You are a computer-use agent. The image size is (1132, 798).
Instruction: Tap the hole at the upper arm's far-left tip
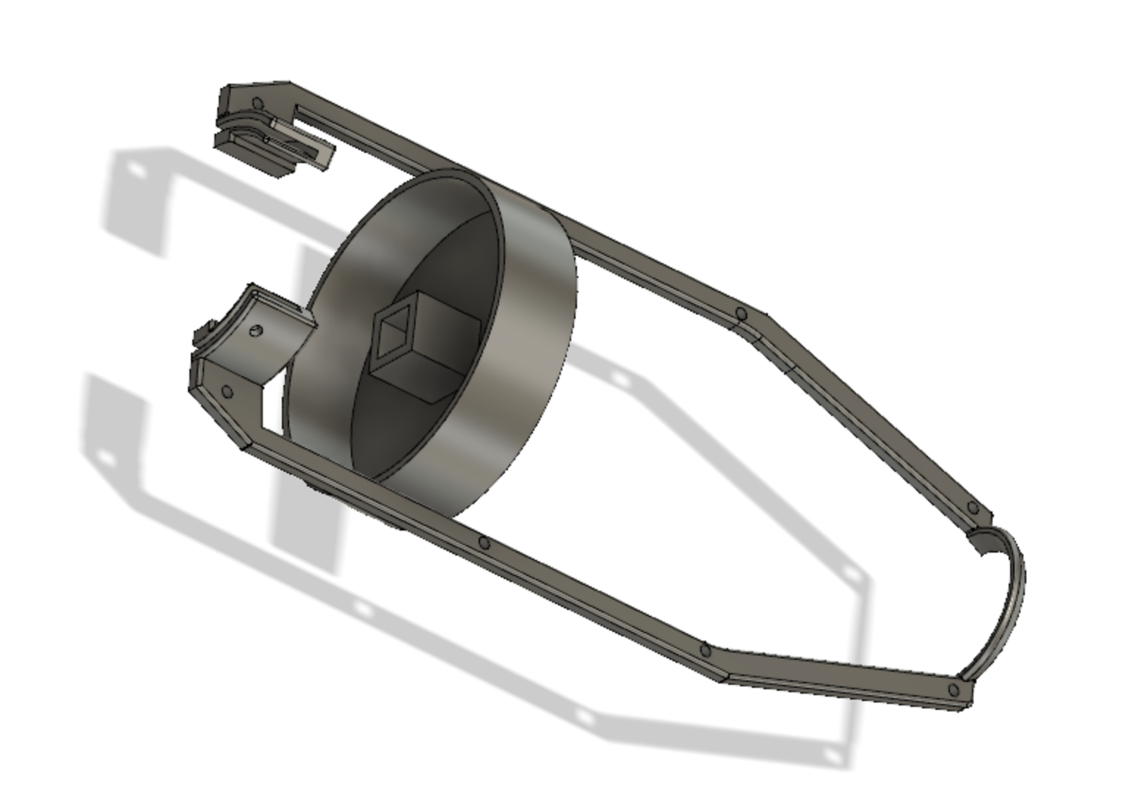[x=257, y=104]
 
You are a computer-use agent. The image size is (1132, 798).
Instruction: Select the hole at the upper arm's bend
[x=741, y=314]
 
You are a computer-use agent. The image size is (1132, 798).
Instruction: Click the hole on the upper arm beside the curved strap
[x=973, y=508]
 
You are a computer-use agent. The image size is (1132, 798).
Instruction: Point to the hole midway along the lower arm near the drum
[x=484, y=544]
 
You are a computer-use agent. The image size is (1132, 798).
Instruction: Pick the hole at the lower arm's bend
[x=705, y=650]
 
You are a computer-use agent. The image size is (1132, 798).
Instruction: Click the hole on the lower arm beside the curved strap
[x=954, y=690]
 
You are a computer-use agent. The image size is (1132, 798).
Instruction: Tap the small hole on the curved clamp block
[x=256, y=330]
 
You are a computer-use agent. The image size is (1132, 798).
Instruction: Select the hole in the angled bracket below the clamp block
[x=227, y=392]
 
